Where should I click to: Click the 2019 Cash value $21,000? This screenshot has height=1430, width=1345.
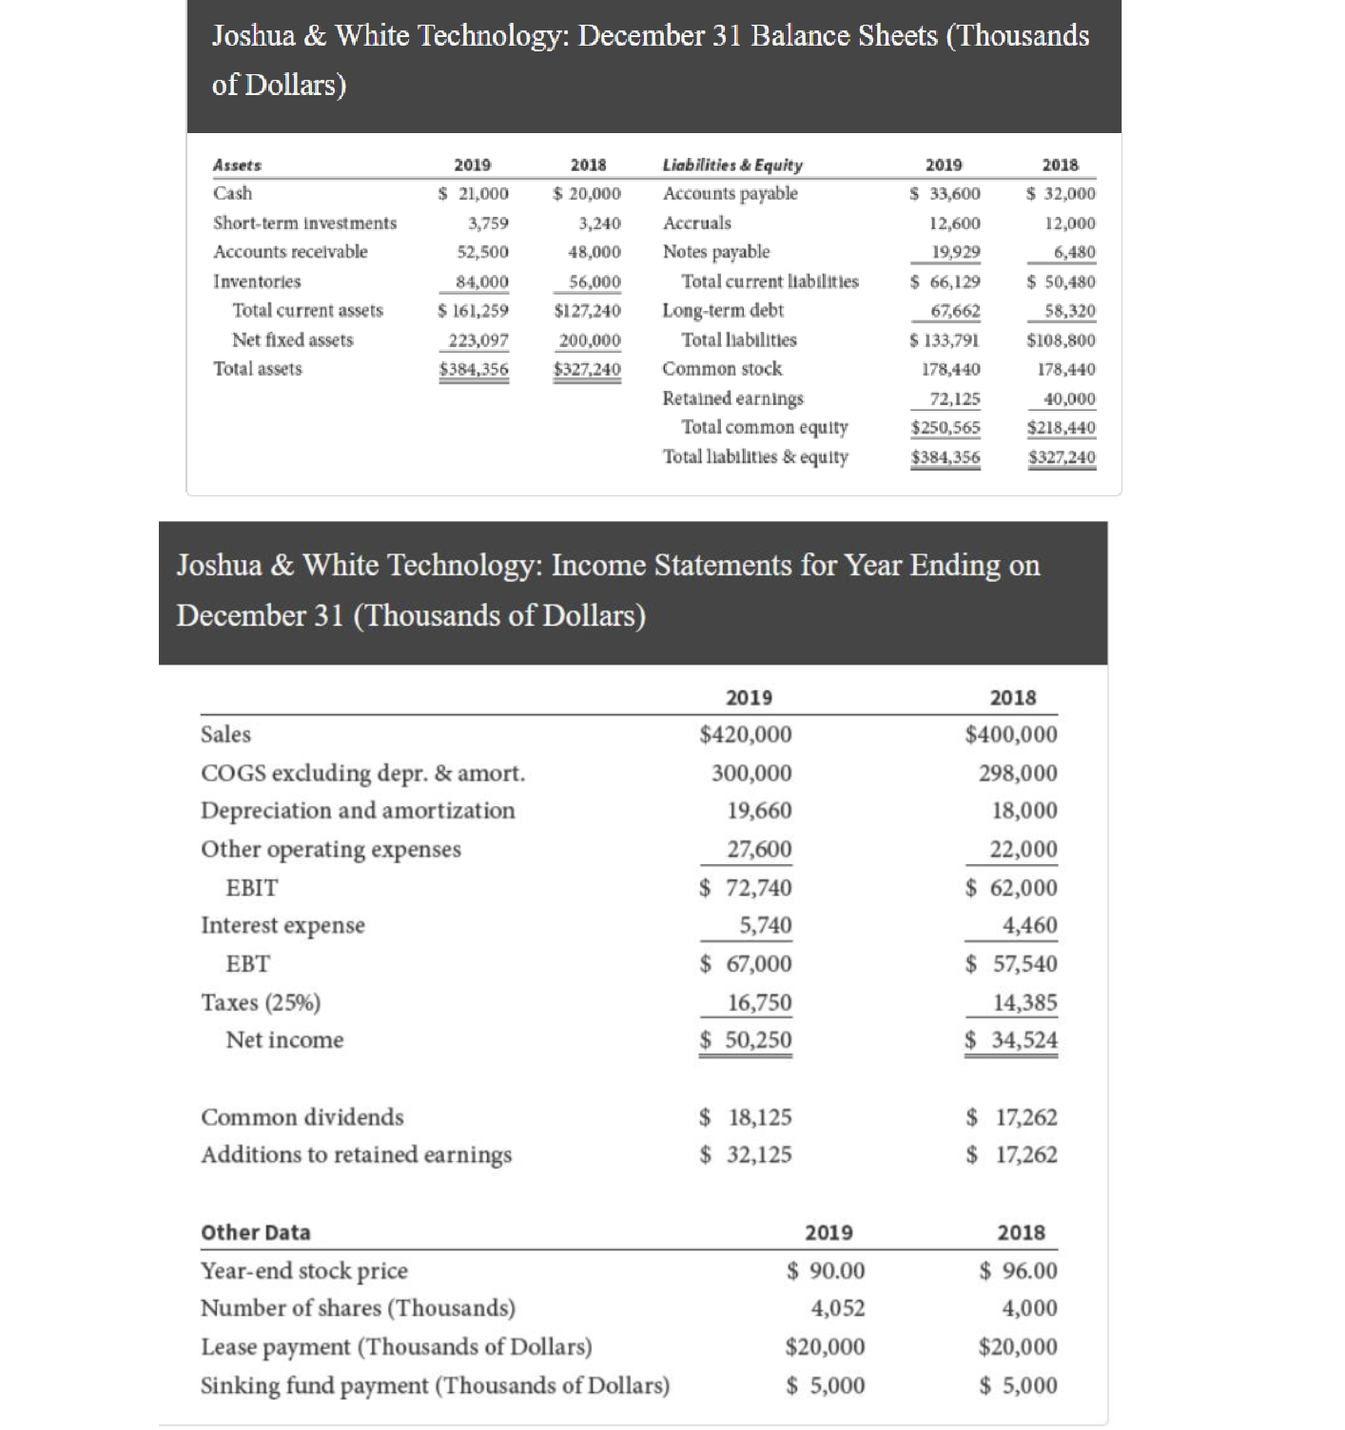[x=474, y=194]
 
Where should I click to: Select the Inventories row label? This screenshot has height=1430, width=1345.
[x=257, y=281]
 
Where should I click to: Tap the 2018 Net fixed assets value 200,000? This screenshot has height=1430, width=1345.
[x=588, y=340]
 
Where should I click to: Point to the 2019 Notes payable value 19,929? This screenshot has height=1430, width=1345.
[x=955, y=252]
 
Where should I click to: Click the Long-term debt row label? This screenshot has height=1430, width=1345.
[x=723, y=310]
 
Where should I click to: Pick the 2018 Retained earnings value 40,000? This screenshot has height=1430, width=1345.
[x=1069, y=398]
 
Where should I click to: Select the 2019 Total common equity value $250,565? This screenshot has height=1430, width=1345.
[x=945, y=428]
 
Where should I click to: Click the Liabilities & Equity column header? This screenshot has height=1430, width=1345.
[x=732, y=164]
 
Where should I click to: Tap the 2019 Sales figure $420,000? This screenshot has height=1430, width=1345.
[x=745, y=735]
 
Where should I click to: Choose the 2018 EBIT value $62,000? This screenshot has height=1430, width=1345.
[x=1011, y=888]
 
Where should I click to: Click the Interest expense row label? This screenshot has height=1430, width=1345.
[x=283, y=925]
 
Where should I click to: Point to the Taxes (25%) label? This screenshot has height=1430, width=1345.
[x=261, y=1002]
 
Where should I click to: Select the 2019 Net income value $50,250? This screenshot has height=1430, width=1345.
[x=745, y=1040]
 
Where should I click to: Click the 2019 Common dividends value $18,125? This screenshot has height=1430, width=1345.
[x=745, y=1117]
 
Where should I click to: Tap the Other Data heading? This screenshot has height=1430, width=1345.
[x=255, y=1232]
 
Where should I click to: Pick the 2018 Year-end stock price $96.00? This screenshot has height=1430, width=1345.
[x=1018, y=1271]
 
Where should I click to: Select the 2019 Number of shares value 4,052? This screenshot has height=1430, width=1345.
[x=837, y=1308]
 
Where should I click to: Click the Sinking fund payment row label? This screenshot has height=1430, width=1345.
[x=435, y=1385]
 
